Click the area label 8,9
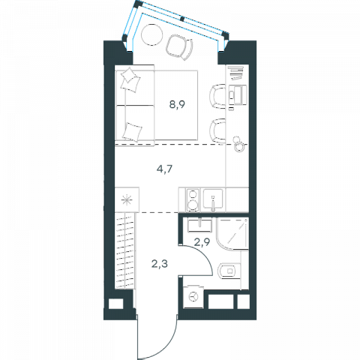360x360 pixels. (177, 104)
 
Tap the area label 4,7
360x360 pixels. (164, 169)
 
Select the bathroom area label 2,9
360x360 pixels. (202, 242)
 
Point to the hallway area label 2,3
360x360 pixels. (160, 263)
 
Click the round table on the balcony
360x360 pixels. (151, 34)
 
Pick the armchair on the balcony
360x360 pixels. (179, 47)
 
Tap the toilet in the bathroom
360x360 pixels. (229, 271)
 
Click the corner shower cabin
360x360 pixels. (232, 233)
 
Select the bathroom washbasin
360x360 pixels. (199, 225)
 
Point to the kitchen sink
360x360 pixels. (213, 199)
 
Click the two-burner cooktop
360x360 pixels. (193, 200)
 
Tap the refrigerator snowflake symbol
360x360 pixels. (127, 200)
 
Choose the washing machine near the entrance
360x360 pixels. (193, 297)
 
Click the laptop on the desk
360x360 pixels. (238, 94)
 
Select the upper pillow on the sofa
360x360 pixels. (130, 79)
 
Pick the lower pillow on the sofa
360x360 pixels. (131, 132)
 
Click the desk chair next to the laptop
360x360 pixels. (217, 97)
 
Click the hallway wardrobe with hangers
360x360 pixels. (126, 250)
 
